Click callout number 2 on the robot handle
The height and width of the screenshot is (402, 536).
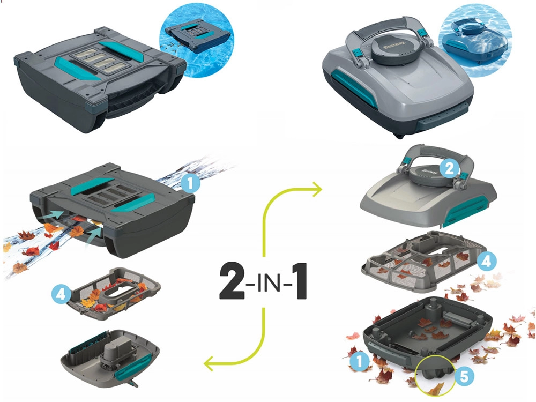[x=449, y=168]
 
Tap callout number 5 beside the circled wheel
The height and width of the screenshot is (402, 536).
[x=464, y=376]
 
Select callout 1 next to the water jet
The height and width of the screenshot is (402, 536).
[x=190, y=183]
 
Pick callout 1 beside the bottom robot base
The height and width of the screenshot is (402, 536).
[x=360, y=361]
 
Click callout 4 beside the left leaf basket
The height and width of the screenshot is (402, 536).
[x=61, y=294]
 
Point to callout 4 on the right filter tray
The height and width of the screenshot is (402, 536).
[x=487, y=262]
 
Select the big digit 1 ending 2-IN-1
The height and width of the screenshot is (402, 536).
[x=299, y=281]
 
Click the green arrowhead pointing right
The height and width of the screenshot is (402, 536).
[x=317, y=189]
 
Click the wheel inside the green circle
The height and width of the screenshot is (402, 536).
[x=433, y=373]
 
